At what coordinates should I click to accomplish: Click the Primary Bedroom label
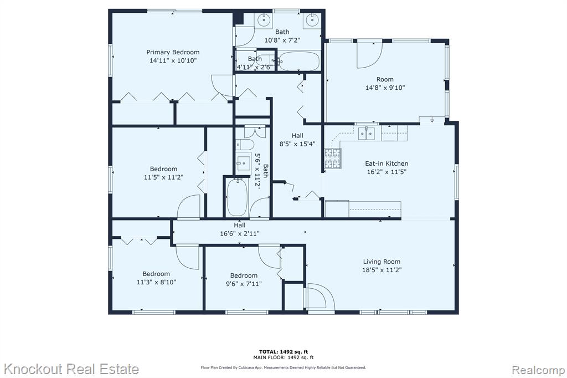pos(173,52)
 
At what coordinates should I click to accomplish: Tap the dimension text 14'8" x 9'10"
pos(385,88)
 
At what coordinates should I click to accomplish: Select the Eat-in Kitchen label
pos(386,164)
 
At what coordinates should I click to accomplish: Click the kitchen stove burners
pos(333,159)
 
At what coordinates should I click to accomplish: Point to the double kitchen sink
pos(367,134)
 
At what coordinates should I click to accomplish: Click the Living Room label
pos(382,262)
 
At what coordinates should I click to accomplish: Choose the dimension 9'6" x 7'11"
pos(244,284)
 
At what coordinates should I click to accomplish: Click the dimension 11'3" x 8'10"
pos(156,282)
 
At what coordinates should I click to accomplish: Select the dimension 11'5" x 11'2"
pos(163,177)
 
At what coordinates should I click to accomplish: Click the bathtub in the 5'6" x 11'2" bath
pos(237,197)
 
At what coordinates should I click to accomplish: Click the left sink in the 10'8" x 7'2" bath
pos(264,20)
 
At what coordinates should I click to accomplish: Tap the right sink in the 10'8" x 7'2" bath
pos(311,20)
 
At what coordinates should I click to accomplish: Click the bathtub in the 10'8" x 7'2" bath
pos(300,61)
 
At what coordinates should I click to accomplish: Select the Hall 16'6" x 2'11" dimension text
pos(240,233)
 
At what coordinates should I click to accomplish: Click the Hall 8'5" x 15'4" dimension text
pos(297,144)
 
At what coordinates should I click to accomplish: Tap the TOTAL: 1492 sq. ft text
pos(283,351)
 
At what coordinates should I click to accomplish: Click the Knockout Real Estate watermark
pos(71,369)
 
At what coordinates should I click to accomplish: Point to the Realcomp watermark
pos(538,370)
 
